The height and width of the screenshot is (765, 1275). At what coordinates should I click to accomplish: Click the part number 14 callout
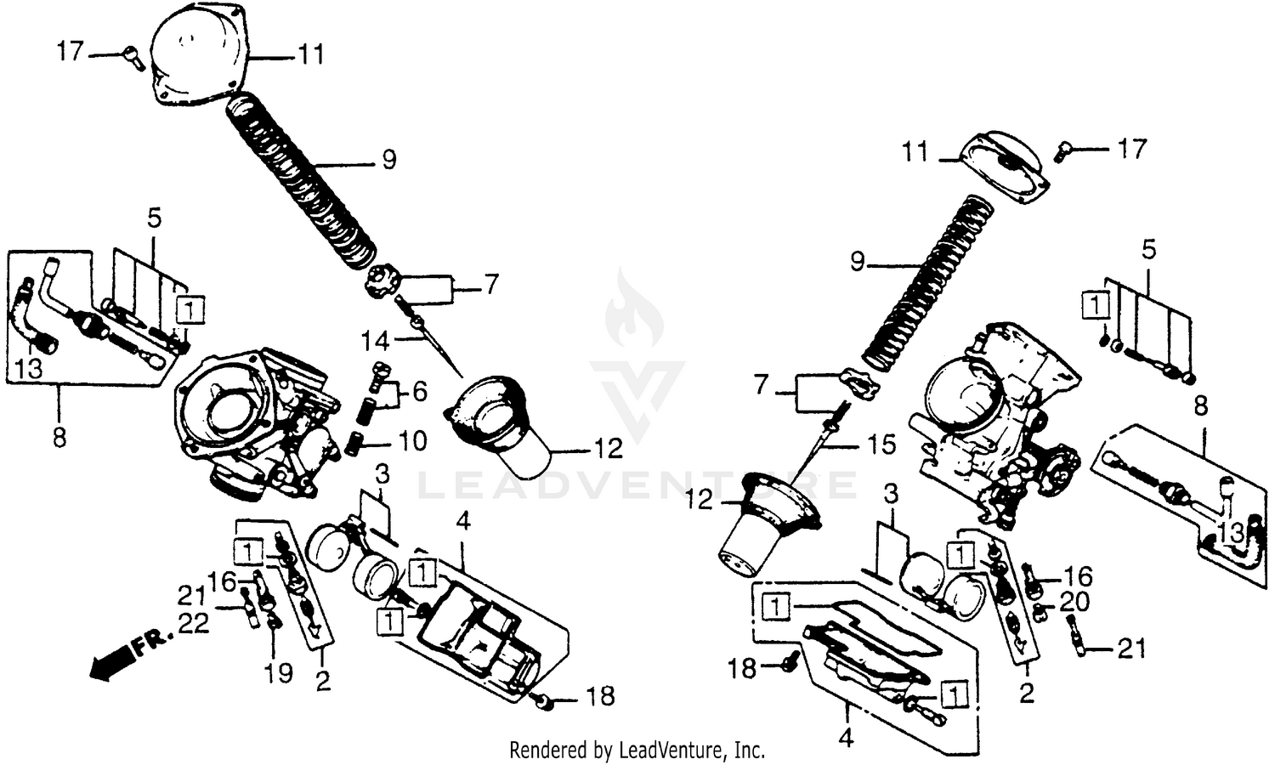click(375, 341)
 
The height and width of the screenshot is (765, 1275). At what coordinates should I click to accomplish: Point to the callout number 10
click(412, 441)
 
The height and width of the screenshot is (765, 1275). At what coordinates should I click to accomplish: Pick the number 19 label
click(279, 673)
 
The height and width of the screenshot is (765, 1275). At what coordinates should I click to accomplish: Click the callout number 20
click(1074, 603)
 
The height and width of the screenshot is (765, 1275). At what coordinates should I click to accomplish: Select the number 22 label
click(193, 623)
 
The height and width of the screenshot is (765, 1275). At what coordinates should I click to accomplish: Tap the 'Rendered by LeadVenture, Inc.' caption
click(637, 751)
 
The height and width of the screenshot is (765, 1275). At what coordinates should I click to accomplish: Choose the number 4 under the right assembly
click(845, 738)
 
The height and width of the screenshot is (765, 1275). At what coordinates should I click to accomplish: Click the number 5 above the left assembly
click(154, 218)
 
